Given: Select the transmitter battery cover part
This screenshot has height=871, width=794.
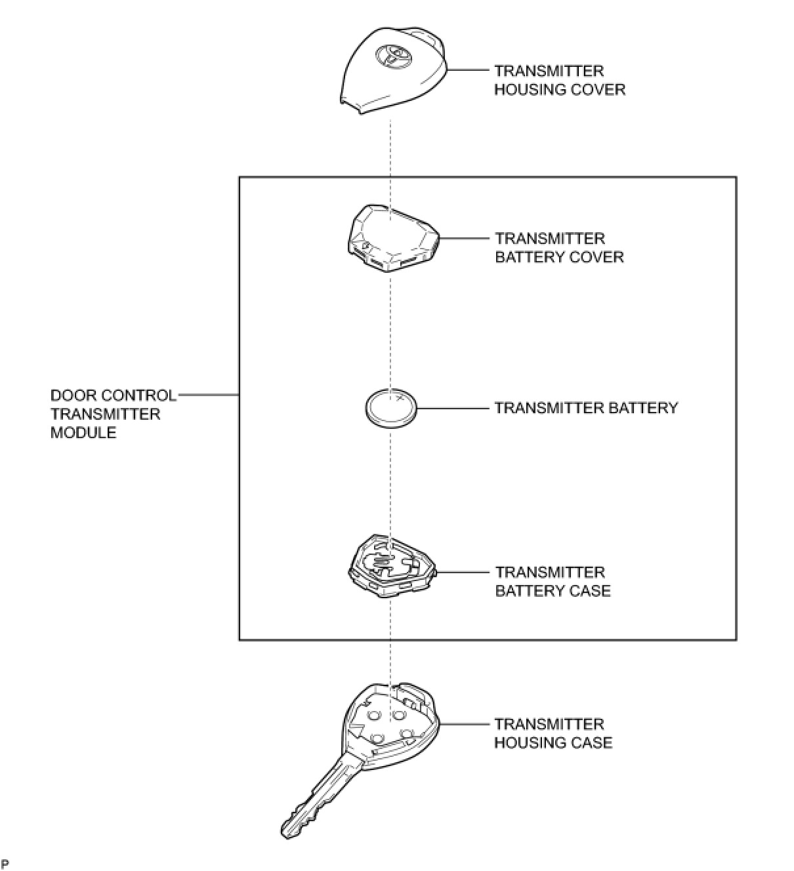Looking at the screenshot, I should (x=392, y=237).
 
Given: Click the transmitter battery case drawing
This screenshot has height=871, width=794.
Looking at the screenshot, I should (x=391, y=565).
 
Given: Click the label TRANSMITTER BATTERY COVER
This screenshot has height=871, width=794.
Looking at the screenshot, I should (x=559, y=247).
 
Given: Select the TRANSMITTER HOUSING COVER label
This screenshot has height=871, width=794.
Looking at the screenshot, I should (x=559, y=80).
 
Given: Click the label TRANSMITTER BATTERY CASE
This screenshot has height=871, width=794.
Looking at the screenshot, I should (x=553, y=581).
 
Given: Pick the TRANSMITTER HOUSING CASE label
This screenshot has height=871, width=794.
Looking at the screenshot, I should (x=553, y=733).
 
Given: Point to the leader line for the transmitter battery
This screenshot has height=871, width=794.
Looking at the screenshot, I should (x=453, y=409).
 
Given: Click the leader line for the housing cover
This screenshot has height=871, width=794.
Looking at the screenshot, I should (x=469, y=70).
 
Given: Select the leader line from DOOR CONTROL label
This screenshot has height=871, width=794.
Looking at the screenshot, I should (x=208, y=395).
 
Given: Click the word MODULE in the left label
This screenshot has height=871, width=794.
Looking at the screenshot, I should (x=83, y=433).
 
